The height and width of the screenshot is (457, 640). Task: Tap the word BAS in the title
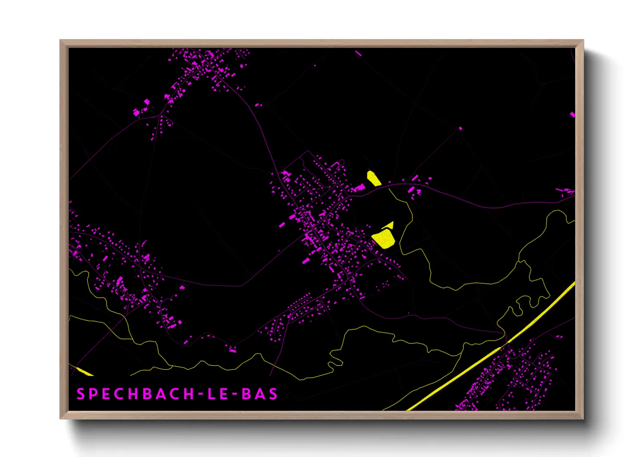(x=259, y=394)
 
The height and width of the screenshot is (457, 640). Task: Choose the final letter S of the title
(x=273, y=394)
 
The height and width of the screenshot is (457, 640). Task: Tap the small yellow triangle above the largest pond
(x=389, y=225)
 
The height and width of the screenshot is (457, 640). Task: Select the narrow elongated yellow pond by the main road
(x=373, y=178)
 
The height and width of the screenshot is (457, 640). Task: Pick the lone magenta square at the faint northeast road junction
(x=460, y=128)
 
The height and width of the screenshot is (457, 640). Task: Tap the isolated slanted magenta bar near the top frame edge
(x=358, y=54)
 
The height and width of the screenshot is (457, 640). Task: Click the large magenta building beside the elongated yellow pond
(x=359, y=187)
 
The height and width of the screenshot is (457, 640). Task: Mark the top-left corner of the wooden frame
(x=61, y=41)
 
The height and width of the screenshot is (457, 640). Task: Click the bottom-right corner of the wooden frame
(x=583, y=418)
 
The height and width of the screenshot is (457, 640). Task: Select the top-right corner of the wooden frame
(x=583, y=41)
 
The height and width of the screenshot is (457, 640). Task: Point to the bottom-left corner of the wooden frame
(x=61, y=418)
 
